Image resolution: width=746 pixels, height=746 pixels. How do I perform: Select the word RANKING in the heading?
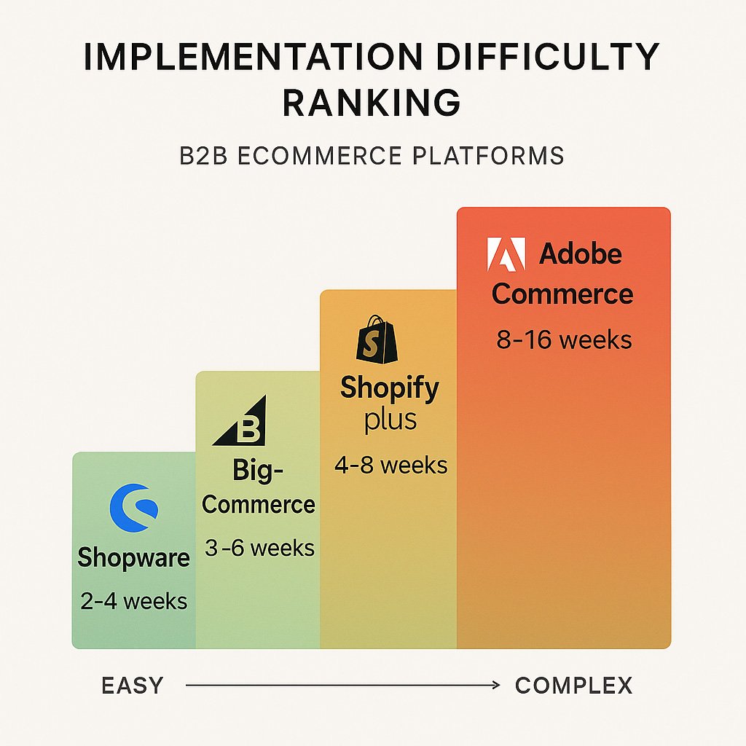click(372, 103)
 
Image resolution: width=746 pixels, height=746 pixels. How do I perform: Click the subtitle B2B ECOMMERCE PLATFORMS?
click(372, 156)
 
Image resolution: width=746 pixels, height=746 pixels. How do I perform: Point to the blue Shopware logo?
click(133, 509)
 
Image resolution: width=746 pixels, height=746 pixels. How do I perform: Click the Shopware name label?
click(133, 558)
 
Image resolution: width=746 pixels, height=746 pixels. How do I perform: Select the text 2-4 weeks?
click(133, 601)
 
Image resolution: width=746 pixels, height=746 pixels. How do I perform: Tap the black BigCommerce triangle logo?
click(240, 422)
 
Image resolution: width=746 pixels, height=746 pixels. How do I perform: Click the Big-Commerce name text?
click(259, 487)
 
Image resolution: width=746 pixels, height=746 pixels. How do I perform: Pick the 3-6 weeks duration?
click(259, 548)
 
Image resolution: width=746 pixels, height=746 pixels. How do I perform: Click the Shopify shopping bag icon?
click(377, 339)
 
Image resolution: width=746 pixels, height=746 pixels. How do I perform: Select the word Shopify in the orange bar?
click(390, 388)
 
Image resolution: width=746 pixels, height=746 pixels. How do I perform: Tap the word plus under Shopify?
click(390, 420)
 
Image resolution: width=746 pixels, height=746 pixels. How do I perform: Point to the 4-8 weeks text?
click(390, 465)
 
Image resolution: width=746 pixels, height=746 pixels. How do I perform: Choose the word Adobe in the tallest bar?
click(581, 255)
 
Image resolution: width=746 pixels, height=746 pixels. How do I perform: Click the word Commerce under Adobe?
click(562, 294)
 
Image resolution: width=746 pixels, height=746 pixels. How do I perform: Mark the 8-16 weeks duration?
click(564, 339)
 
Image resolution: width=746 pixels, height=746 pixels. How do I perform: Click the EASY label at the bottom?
click(133, 686)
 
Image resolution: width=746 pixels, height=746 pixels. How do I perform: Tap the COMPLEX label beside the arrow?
click(573, 686)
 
